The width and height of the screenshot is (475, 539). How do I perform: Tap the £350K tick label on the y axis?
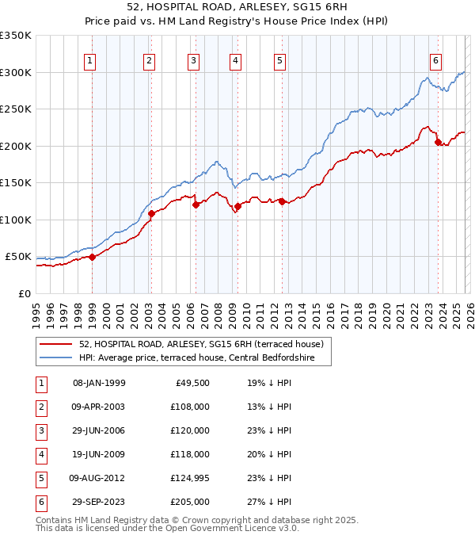[16, 36]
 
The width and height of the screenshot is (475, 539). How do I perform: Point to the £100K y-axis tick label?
[16, 220]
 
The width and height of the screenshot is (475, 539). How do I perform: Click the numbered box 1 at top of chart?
[90, 60]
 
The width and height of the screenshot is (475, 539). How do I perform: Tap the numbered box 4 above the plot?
[236, 60]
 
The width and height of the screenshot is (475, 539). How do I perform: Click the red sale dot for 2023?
[438, 143]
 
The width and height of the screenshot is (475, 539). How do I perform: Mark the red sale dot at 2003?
[151, 213]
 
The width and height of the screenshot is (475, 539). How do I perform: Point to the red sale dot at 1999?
[92, 257]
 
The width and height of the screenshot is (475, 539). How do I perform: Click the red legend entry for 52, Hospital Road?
[200, 345]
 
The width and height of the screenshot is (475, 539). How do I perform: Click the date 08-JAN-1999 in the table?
[98, 383]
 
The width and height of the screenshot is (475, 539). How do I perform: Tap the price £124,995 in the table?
[189, 478]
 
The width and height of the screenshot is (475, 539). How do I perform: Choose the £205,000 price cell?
[189, 502]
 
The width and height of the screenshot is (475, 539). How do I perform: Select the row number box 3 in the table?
[40, 430]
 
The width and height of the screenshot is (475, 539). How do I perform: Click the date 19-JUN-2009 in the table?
[98, 454]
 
